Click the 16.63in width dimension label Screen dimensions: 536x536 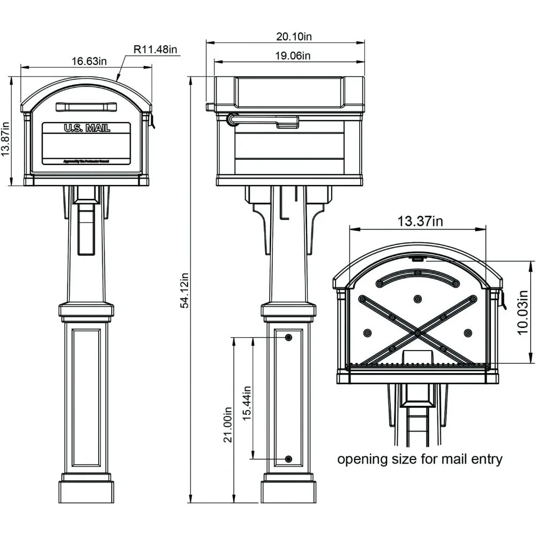(x=89, y=61)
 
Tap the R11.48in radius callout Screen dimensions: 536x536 (x=155, y=49)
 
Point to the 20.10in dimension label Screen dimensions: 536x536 (x=294, y=36)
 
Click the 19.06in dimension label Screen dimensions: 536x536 (x=293, y=55)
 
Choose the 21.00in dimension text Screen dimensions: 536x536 (x=228, y=423)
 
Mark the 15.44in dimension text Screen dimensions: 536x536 (x=247, y=403)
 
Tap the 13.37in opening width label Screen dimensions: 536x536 (x=420, y=221)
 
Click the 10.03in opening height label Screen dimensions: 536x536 (x=525, y=312)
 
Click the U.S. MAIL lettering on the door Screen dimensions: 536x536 (x=87, y=128)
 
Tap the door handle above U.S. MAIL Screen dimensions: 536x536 (x=86, y=107)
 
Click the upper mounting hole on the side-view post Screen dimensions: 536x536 (x=289, y=337)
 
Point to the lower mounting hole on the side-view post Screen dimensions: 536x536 (x=289, y=459)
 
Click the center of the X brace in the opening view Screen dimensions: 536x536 (x=417, y=333)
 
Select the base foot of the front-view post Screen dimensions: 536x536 (x=86, y=492)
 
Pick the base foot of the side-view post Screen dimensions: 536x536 (x=288, y=492)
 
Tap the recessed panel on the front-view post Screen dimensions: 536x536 (x=86, y=398)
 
